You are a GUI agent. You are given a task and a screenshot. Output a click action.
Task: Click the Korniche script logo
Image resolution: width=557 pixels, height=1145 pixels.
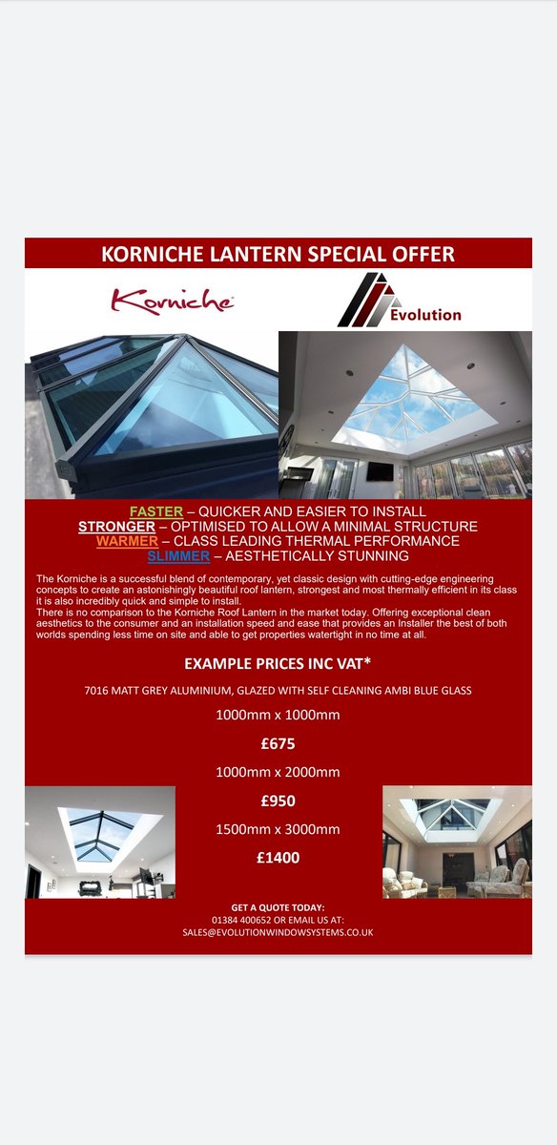point(172,302)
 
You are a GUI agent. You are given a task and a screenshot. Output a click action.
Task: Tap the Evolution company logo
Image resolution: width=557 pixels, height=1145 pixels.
point(399,300)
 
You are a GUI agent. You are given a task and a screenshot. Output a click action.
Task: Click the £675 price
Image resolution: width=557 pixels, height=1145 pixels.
point(278,742)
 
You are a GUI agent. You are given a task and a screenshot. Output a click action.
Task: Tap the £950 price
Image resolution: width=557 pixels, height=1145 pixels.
point(278,800)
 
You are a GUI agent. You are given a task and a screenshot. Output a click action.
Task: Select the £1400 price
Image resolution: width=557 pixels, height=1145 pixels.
point(278,858)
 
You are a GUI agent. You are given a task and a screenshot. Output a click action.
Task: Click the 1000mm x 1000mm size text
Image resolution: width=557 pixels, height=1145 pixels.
point(278,714)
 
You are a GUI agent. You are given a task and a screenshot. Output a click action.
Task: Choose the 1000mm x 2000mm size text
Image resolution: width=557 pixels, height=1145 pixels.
point(278,771)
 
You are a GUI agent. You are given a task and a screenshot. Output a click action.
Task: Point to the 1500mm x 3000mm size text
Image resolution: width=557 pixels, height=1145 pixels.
point(278,828)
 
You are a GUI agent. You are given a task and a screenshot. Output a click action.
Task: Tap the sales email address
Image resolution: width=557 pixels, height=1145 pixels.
point(278,931)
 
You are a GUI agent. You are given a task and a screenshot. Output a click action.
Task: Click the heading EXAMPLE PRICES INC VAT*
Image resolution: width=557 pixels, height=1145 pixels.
point(278,663)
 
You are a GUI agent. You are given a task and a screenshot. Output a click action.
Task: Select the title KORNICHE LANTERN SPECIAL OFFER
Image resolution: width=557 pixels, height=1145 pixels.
point(278,254)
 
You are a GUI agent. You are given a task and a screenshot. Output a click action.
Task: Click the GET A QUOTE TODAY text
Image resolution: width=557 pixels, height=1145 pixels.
point(278,906)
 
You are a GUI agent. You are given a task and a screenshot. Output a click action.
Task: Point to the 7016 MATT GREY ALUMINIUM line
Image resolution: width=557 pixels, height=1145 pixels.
point(278,690)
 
